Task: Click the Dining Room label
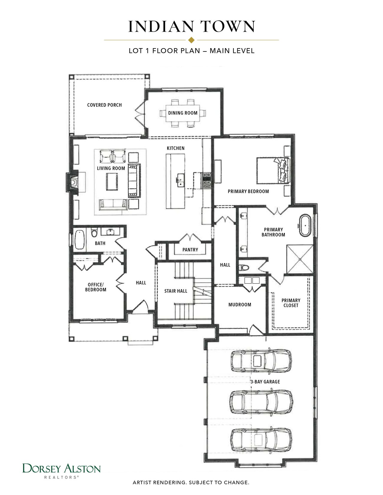point(183,113)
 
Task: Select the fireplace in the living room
point(72,182)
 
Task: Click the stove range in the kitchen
point(207,181)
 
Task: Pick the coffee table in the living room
point(112,181)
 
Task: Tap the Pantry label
point(190,250)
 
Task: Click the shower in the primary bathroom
point(300,259)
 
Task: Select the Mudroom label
point(240,305)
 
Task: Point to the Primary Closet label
point(291,303)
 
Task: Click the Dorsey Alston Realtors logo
point(62,470)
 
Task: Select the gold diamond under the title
point(191,40)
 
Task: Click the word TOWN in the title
point(228,26)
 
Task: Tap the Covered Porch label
point(104,105)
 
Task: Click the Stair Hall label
point(176,291)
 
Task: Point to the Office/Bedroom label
point(95,287)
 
